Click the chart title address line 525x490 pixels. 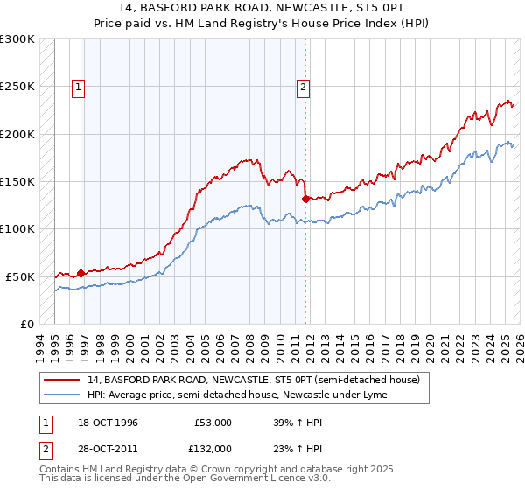[x=262, y=7]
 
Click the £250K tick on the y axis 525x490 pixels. [x=17, y=87]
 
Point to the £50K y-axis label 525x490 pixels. [x=20, y=276]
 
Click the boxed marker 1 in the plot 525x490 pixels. [x=79, y=87]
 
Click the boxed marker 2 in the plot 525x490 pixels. [x=304, y=87]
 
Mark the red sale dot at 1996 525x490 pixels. [x=80, y=273]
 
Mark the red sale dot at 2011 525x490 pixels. [x=305, y=199]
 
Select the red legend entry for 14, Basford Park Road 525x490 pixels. [x=254, y=380]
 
